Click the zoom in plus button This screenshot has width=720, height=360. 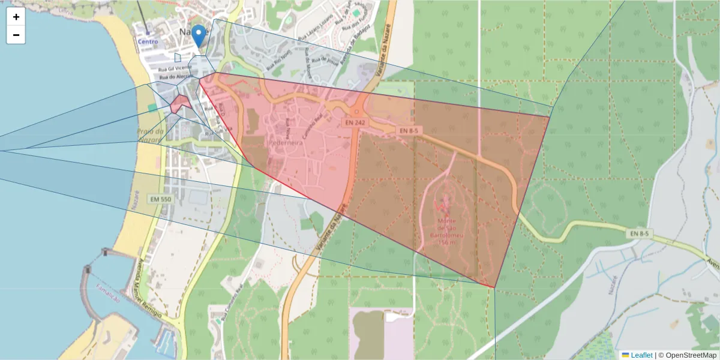[x=16, y=17]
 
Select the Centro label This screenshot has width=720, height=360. [x=148, y=41]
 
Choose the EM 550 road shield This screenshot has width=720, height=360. [x=162, y=199]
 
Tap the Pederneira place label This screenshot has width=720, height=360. [x=286, y=144]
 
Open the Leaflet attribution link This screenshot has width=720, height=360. [x=641, y=355]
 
